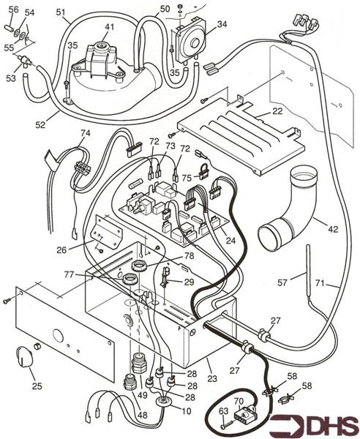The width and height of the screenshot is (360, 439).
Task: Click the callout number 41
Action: point(109,28)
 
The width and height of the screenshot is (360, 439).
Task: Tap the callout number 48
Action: point(141,416)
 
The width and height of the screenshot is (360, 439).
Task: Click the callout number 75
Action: point(187,176)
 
